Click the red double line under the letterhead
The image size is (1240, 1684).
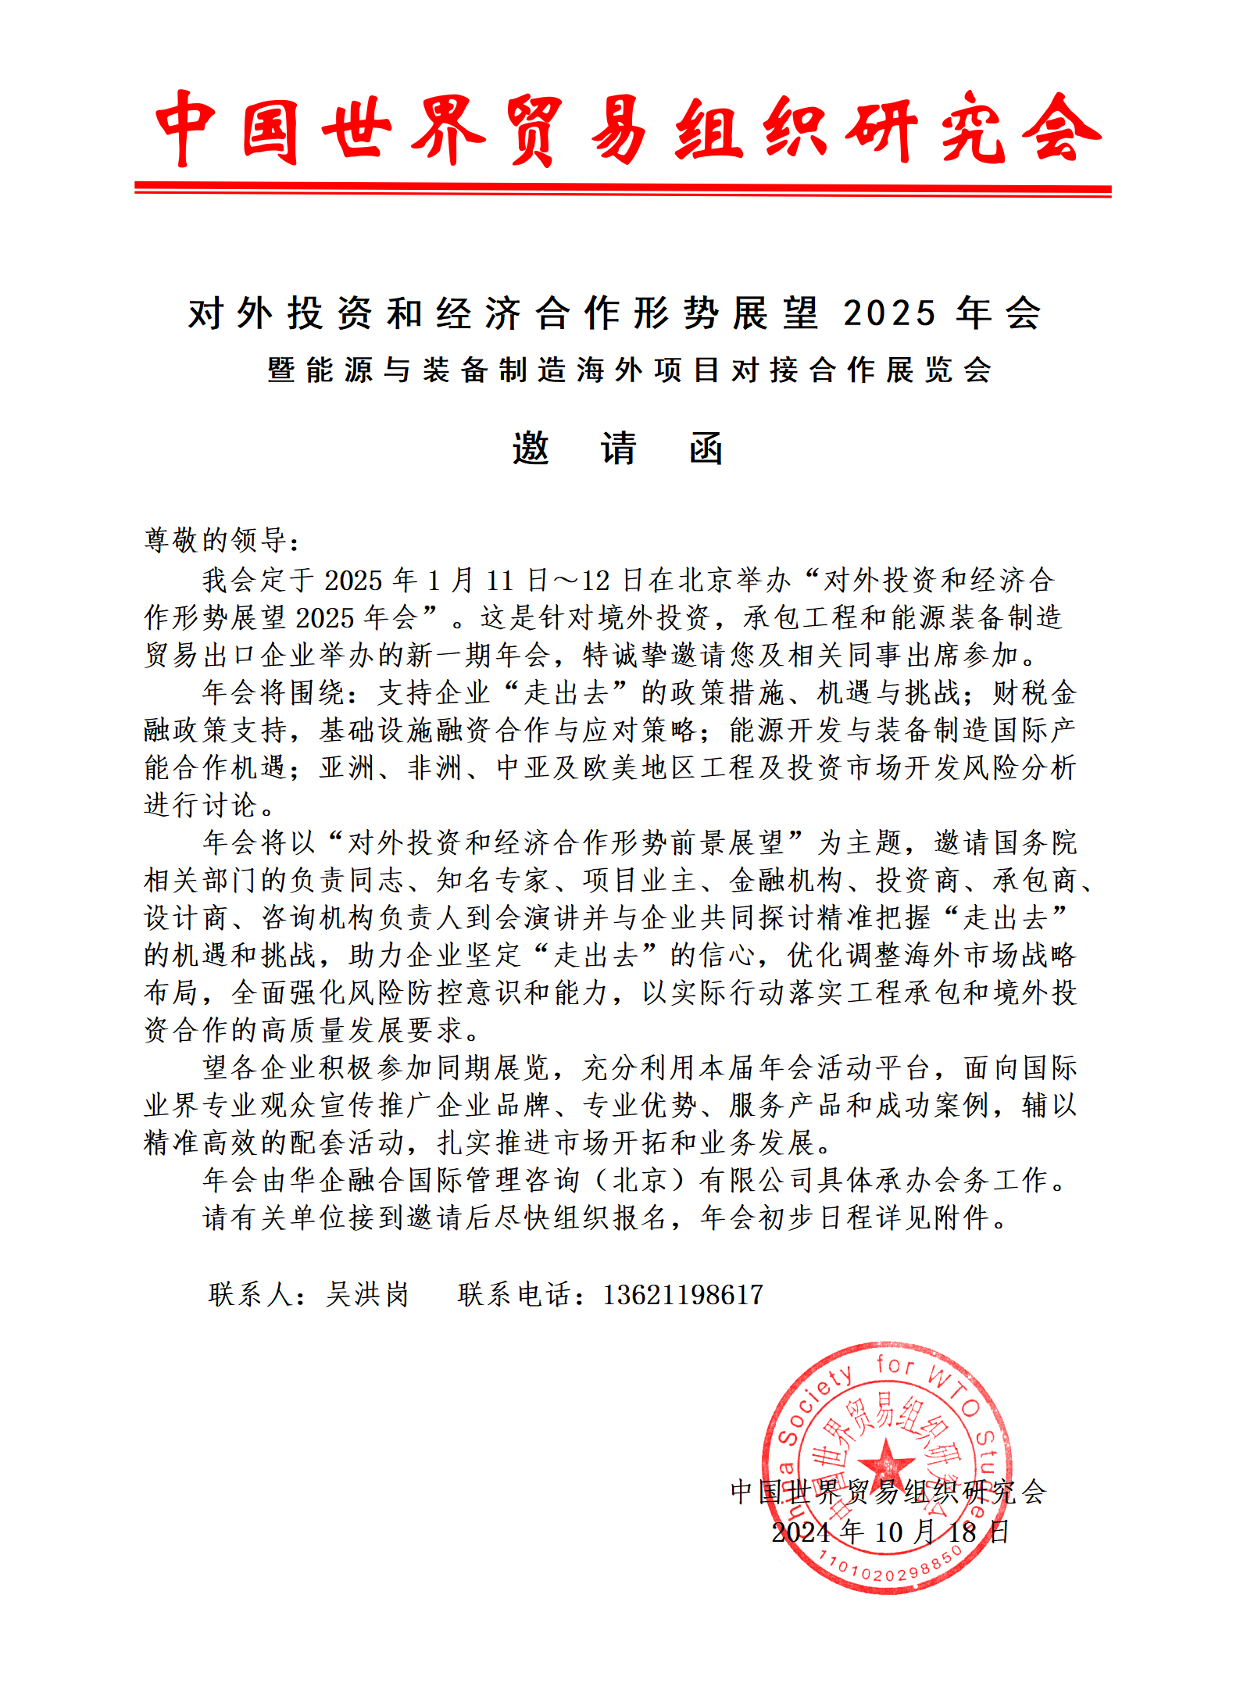[x=623, y=189]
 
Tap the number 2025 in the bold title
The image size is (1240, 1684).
[x=889, y=314]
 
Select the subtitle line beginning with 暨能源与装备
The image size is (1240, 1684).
[x=630, y=370]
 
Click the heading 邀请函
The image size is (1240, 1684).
[x=617, y=449]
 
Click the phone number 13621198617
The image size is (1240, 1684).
[x=682, y=1295]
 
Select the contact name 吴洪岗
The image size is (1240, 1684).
[x=367, y=1295]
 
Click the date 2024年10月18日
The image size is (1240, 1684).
[x=890, y=1532]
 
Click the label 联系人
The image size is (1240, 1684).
[x=250, y=1295]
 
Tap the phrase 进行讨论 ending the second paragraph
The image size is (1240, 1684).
[x=202, y=805]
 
